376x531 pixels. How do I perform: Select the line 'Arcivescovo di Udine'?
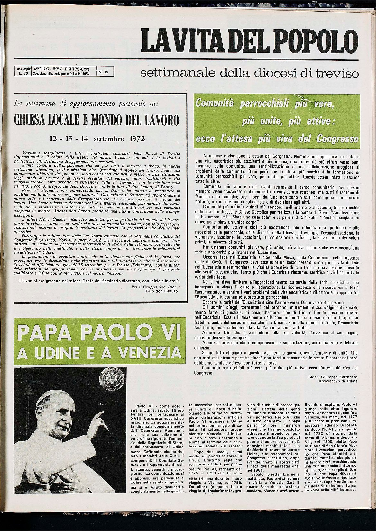point(338,381)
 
